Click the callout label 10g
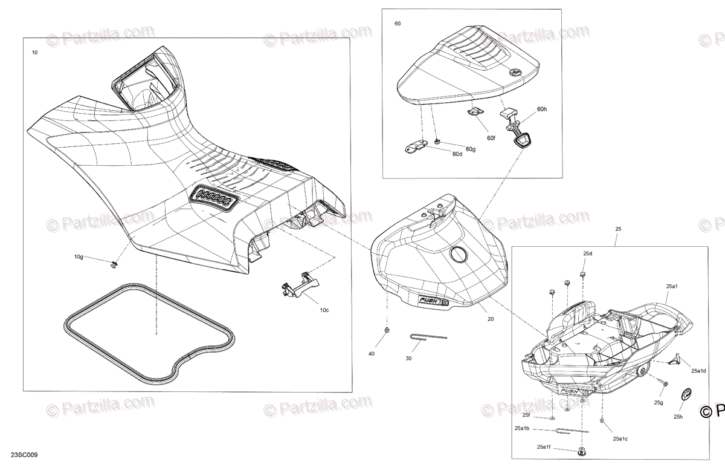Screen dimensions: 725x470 coord(79,257)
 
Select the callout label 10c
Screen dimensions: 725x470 coord(324,310)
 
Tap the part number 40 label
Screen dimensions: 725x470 coord(372,353)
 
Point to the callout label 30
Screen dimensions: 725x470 coord(408,358)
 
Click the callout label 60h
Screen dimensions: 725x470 coord(542,109)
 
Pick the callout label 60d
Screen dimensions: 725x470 coord(457,154)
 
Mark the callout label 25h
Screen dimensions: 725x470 coord(679,417)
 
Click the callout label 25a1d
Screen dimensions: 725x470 coord(699,371)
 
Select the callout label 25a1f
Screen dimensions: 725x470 coord(542,447)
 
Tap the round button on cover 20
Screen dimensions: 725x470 coord(459,255)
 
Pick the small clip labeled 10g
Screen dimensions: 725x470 coord(114,264)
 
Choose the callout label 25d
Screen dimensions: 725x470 coord(588,253)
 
